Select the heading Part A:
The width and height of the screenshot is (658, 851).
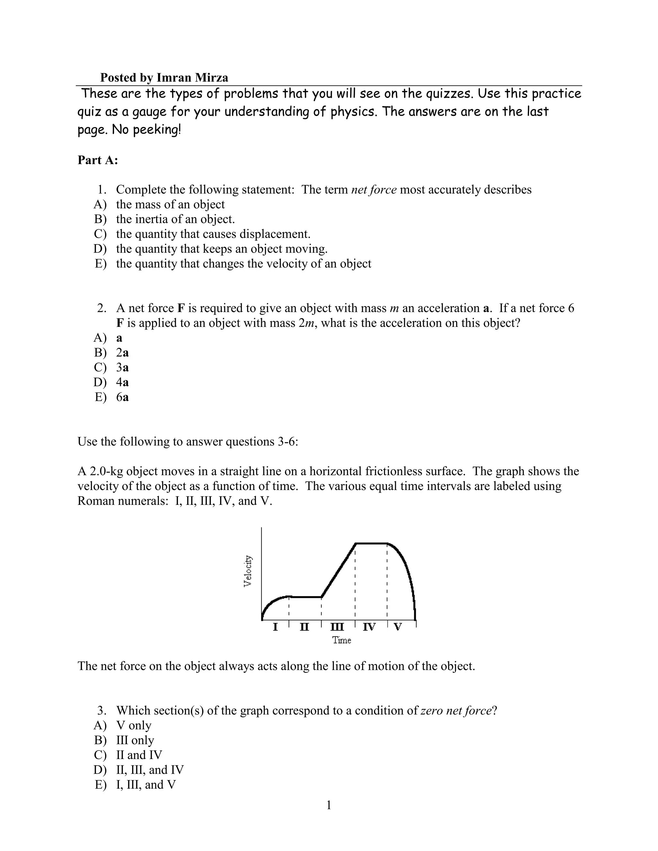[97, 160]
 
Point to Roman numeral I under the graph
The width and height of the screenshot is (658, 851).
[275, 627]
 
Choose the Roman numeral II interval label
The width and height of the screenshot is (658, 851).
[305, 627]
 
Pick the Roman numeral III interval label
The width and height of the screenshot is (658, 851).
[337, 627]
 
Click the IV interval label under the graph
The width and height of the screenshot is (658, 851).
[369, 627]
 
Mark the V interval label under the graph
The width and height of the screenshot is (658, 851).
[398, 627]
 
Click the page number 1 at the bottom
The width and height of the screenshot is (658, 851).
[329, 805]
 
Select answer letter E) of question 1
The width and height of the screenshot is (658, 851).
[100, 264]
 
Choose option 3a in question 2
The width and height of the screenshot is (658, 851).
[122, 367]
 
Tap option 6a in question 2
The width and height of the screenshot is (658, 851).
[122, 397]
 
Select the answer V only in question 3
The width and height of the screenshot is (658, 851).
[134, 725]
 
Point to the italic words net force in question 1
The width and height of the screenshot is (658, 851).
[374, 190]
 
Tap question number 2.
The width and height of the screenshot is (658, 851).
[102, 308]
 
